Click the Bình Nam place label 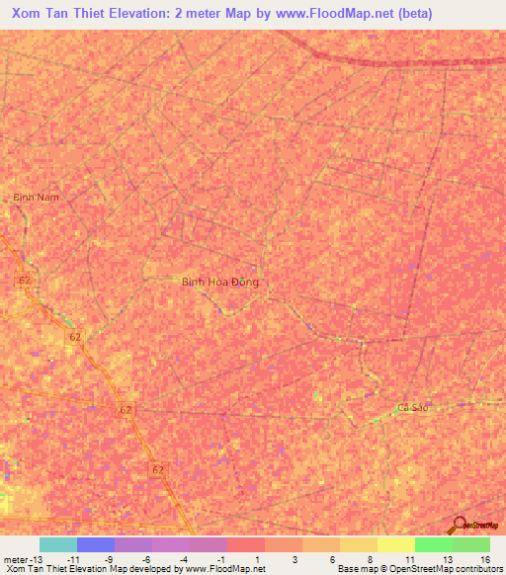click(x=37, y=198)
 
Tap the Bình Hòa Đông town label click(x=220, y=283)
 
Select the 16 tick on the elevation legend click(x=484, y=559)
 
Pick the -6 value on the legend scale click(x=147, y=559)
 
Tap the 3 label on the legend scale click(x=295, y=559)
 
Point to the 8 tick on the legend click(x=370, y=559)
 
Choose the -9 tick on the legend click(x=110, y=559)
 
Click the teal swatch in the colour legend click(x=58, y=544)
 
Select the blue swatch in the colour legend click(x=96, y=544)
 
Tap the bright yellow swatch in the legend click(x=395, y=544)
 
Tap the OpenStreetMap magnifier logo click(x=458, y=526)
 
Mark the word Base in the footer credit click(x=348, y=570)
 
